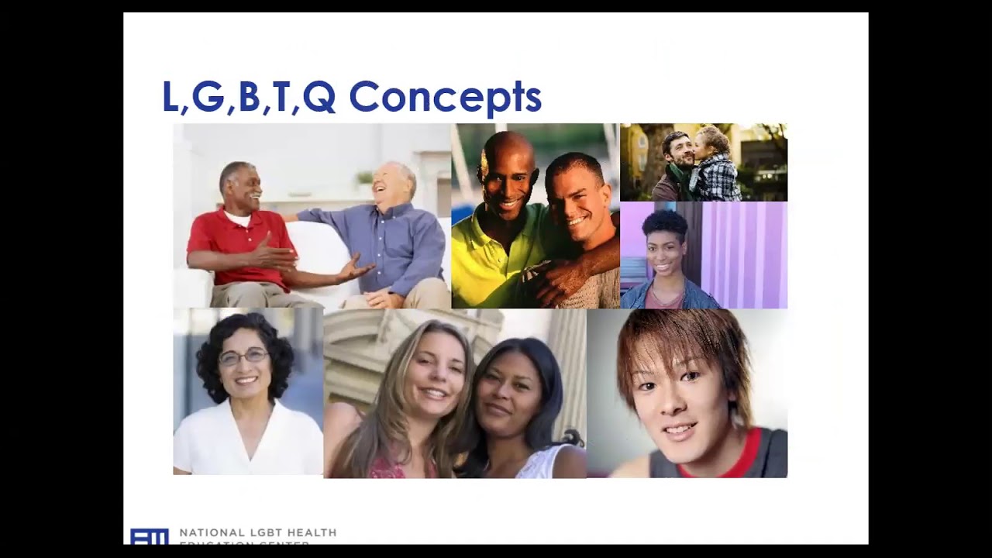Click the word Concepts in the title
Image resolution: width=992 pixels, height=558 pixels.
[x=445, y=98]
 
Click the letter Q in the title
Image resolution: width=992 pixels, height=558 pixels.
[x=319, y=98]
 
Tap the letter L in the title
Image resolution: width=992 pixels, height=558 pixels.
[x=170, y=98]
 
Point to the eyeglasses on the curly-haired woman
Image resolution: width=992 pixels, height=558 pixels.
[x=243, y=356]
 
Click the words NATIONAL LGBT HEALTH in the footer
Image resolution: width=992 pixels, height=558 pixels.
[x=258, y=532]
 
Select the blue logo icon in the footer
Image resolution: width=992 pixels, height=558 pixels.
[x=149, y=536]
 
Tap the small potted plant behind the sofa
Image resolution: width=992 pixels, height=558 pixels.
[x=364, y=180]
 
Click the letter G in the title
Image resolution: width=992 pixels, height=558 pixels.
[x=207, y=98]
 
